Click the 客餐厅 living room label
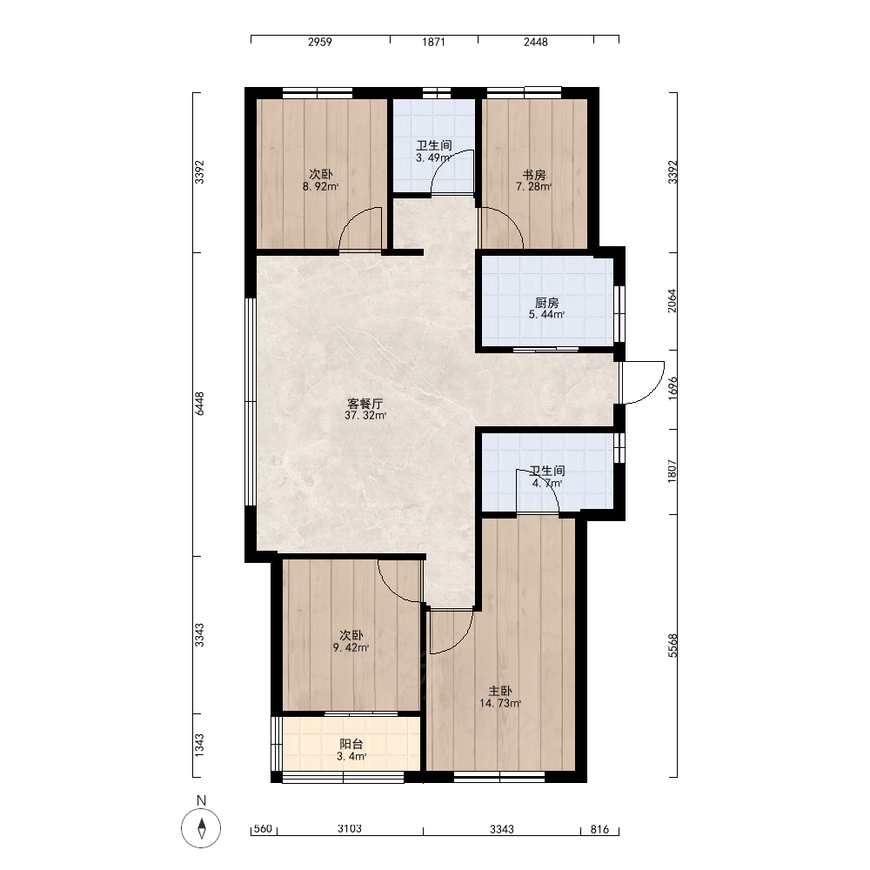point(365,404)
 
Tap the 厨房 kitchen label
point(547,303)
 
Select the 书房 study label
point(534,175)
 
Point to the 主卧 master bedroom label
point(500,692)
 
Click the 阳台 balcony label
point(351,745)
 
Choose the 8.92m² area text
point(321,187)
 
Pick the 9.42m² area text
point(351,647)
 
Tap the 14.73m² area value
point(500,704)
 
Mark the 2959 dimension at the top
point(320,42)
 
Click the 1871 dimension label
point(433,42)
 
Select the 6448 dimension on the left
point(200,404)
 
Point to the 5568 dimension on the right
point(673,646)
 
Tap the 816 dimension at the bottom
point(599,829)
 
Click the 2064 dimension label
point(673,301)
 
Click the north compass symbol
point(202,828)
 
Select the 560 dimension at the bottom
point(263,829)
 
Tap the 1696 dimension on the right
point(673,388)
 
